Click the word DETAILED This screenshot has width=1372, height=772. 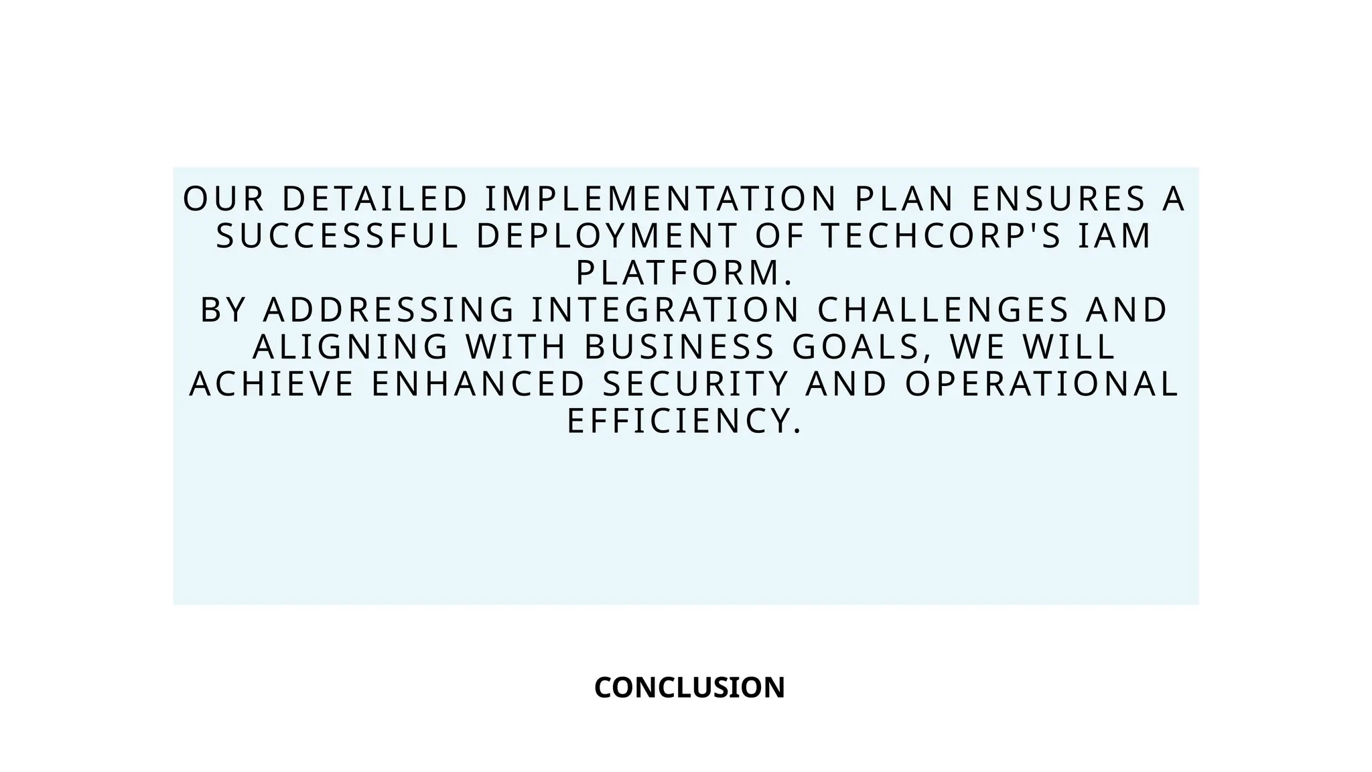point(374,199)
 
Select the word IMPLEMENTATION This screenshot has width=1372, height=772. point(661,199)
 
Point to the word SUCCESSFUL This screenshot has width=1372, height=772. point(338,236)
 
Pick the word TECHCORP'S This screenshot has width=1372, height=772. point(942,236)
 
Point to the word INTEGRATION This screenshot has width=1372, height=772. point(666,310)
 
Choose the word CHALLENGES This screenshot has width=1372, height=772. point(943,310)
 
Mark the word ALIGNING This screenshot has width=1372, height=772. point(350,347)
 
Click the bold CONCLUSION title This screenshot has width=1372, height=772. point(689,688)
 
